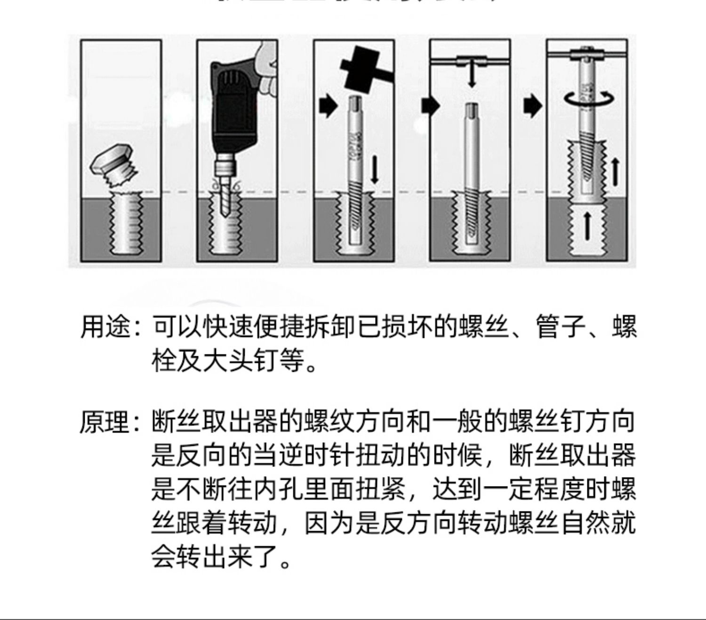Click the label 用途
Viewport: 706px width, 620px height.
(x=104, y=327)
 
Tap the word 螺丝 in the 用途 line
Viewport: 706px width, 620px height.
(x=484, y=327)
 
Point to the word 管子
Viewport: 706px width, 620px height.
(x=561, y=327)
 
